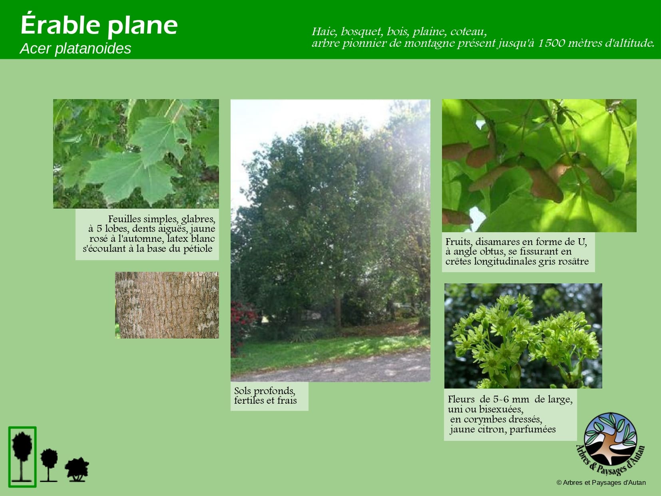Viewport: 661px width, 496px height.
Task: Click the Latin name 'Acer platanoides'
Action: click(x=75, y=48)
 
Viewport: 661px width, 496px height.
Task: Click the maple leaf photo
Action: click(x=136, y=153)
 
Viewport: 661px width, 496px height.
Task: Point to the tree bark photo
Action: click(x=167, y=305)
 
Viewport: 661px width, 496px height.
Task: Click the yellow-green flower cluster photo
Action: click(x=523, y=336)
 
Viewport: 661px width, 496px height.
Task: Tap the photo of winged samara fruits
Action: click(x=539, y=165)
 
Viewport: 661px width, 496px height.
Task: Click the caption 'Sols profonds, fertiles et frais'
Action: click(x=265, y=395)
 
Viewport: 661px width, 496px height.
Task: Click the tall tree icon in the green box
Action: click(x=22, y=457)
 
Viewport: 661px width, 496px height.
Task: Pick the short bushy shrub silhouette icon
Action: click(x=77, y=470)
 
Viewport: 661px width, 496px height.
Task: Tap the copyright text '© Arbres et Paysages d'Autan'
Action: click(x=601, y=482)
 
